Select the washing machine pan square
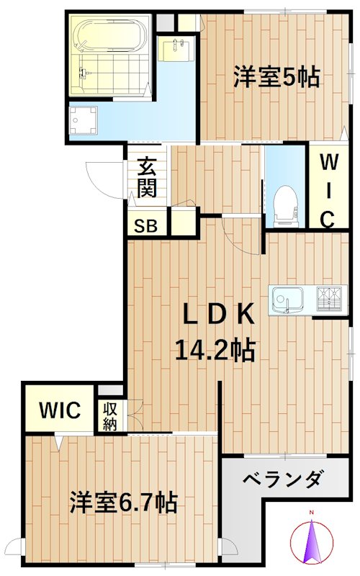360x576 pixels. (x=84, y=121)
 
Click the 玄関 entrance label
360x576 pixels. (x=147, y=178)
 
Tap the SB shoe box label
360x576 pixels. (x=147, y=225)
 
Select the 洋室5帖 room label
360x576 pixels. (x=276, y=77)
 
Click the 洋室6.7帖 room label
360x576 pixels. (x=123, y=502)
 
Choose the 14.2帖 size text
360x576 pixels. (x=215, y=350)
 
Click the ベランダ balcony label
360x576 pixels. (x=282, y=479)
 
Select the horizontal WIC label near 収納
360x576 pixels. (x=60, y=411)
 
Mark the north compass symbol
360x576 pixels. (x=312, y=541)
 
